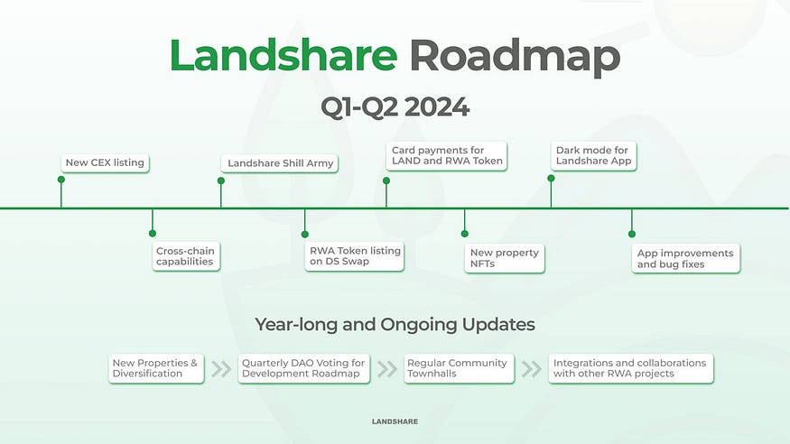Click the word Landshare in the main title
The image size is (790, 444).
(283, 56)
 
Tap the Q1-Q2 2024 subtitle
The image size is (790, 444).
(395, 106)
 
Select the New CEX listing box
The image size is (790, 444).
(105, 163)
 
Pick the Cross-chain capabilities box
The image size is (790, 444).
(185, 255)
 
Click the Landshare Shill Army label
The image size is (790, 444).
(280, 163)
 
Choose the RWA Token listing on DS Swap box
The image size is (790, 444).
(353, 255)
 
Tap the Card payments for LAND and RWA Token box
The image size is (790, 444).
(446, 155)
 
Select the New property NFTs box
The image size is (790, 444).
(504, 257)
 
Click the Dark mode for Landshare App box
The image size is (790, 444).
(593, 155)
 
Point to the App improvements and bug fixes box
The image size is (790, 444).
(685, 257)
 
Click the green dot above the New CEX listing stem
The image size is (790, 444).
(61, 180)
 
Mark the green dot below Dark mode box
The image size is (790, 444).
(551, 179)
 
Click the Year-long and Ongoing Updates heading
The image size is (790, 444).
(395, 324)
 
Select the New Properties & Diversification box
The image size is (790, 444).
(154, 368)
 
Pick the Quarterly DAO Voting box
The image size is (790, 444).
(304, 368)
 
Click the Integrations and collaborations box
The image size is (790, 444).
(630, 368)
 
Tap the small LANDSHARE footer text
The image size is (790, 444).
(395, 421)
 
